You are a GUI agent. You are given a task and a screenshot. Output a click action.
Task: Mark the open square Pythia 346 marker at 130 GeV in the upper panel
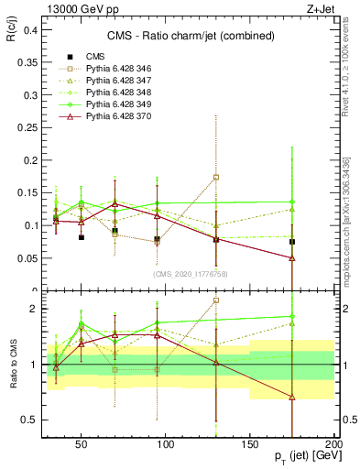click(216, 177)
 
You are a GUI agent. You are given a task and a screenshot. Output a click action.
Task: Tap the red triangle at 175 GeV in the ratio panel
click(292, 397)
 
